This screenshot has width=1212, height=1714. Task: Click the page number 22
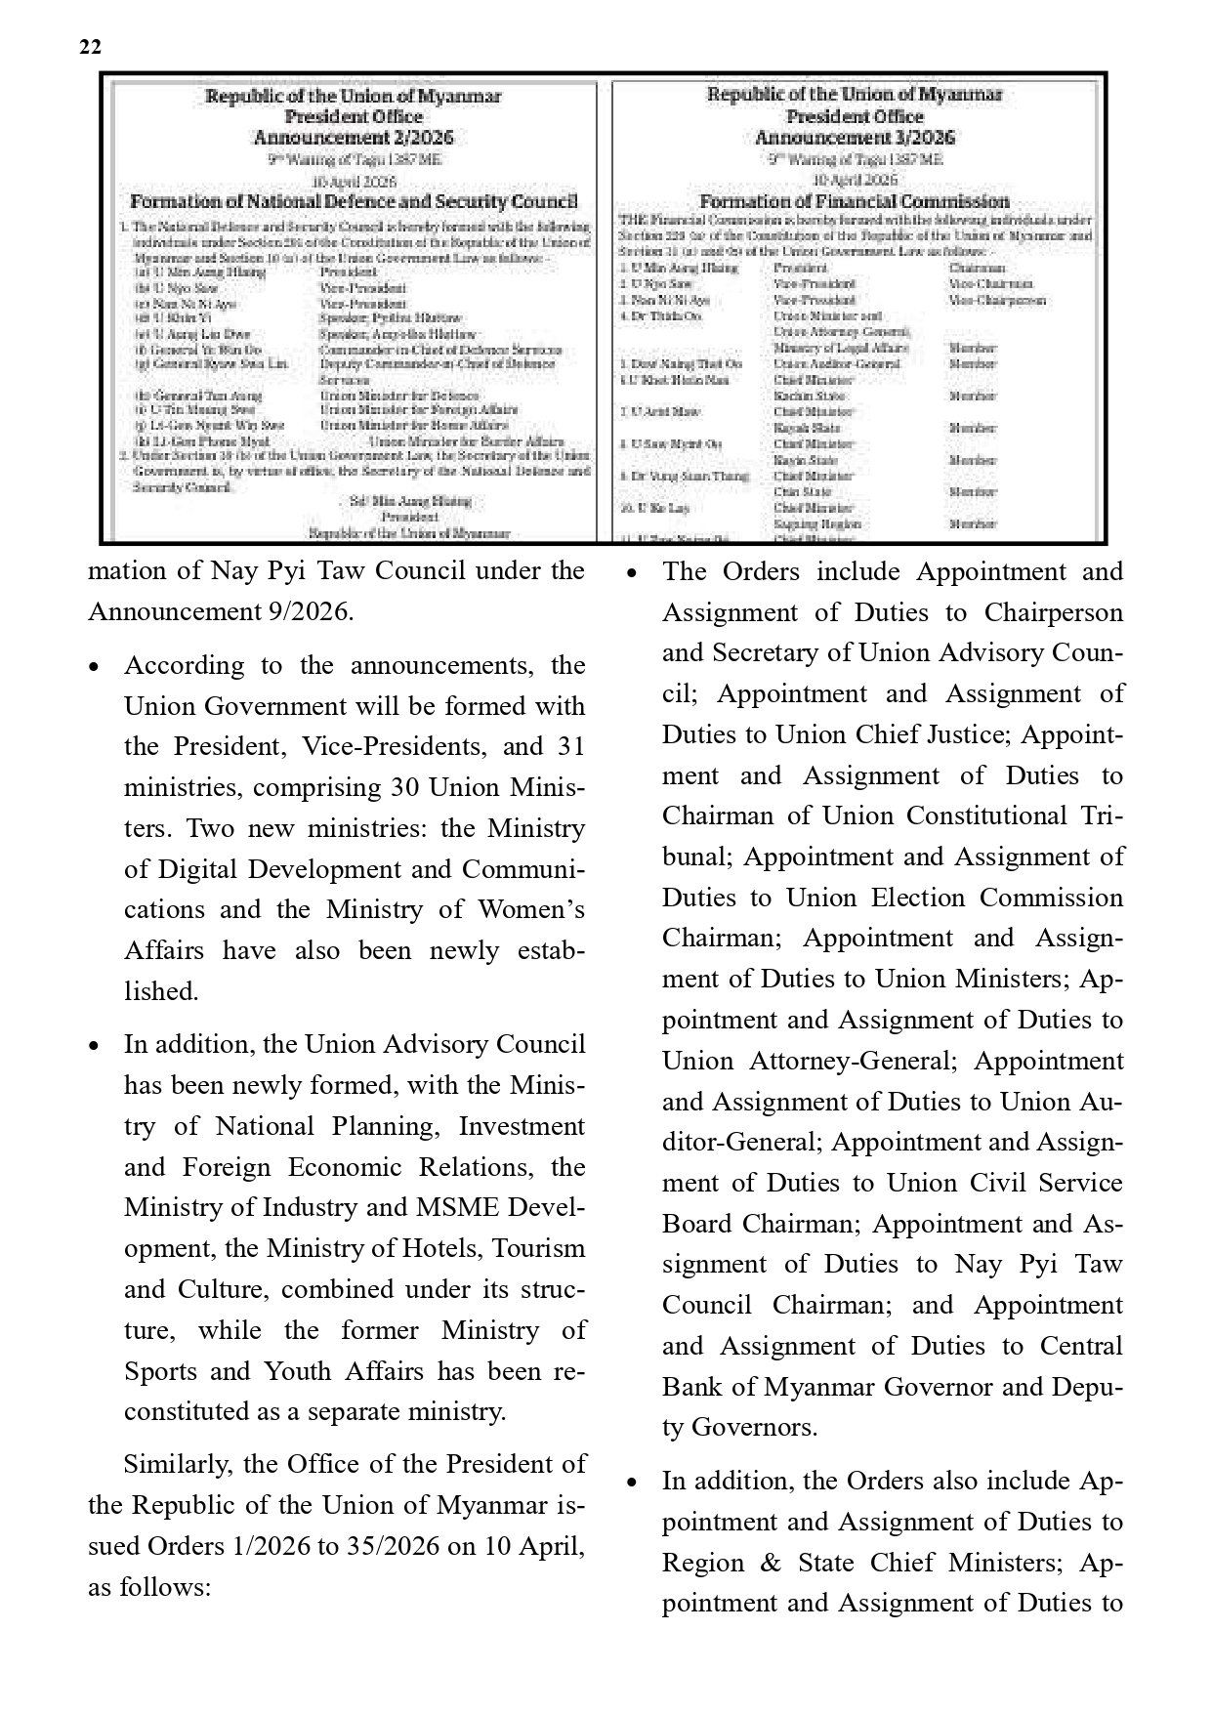[90, 47]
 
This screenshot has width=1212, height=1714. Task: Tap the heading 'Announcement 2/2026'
[354, 138]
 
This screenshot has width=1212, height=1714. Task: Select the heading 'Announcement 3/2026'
[855, 138]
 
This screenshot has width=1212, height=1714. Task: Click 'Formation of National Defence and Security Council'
[354, 202]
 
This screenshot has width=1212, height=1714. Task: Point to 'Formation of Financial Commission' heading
[855, 201]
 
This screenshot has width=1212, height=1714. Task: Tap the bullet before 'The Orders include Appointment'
[632, 573]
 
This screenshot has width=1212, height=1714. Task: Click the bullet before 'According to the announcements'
[94, 667]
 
